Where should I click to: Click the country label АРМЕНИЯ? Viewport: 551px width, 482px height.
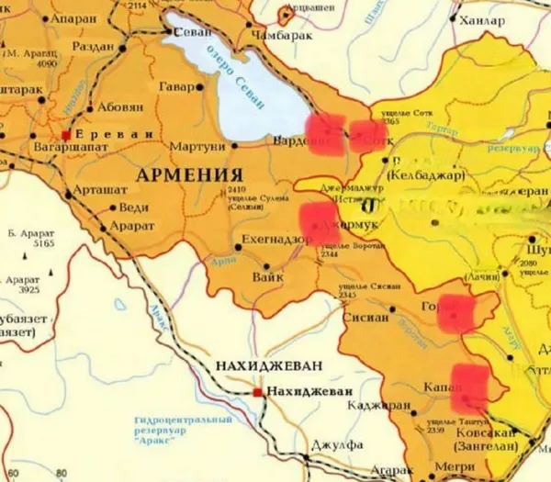coord(189,174)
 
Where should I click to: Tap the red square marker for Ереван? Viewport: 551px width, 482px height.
coord(66,133)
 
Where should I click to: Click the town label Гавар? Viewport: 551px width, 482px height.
coord(176,87)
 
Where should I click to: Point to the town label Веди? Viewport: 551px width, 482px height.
coord(134,207)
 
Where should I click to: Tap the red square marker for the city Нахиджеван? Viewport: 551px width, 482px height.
coord(256,393)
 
